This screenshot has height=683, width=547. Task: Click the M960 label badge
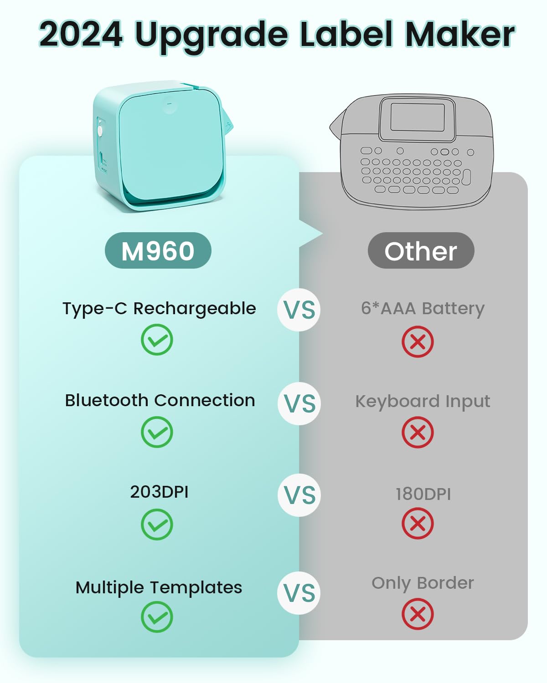pos(158,251)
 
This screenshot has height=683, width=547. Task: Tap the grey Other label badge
pos(421,251)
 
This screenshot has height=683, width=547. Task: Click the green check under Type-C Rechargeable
pos(157,340)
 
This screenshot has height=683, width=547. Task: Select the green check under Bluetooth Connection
pos(157,432)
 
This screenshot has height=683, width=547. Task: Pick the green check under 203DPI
pos(157,525)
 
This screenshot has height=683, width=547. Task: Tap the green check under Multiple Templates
pos(157,617)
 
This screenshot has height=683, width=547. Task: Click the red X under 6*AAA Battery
pos(418,341)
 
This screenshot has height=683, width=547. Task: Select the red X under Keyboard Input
pos(418,432)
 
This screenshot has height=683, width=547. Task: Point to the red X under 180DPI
pos(418,524)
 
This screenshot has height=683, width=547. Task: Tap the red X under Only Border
pos(418,614)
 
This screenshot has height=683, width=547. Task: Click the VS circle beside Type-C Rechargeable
pos(299,310)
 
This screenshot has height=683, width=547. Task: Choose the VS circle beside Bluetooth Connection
pos(299,403)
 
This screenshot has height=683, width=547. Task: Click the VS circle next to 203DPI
pos(299,495)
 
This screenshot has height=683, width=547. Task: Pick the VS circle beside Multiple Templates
pos(299,593)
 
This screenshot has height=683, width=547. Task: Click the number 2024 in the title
pos(81,34)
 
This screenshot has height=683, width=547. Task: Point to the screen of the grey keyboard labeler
pos(418,118)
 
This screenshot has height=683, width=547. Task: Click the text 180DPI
pos(423,494)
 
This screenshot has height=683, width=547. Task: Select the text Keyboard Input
pos(423,402)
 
